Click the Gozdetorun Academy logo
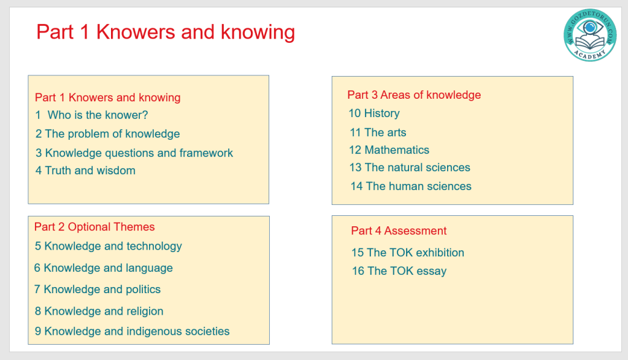coord(590,35)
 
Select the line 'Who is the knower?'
coord(98,115)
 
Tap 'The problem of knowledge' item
coord(112,134)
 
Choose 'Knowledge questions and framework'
coord(139,153)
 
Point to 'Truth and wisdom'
coord(90,170)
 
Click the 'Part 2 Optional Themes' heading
coord(94,227)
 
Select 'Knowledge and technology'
coord(113,247)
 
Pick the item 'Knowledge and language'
coord(108,268)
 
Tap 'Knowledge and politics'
coord(102,289)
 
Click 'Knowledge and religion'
coord(104,311)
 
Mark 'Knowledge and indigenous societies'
coord(137,332)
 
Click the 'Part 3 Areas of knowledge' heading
coord(414,95)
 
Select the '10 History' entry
coord(374,113)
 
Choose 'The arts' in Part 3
coord(385,132)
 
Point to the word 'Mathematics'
coord(397,150)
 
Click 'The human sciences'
coord(418,186)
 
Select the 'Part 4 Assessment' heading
coord(399,231)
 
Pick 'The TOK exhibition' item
coord(416,253)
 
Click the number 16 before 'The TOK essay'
coord(358,271)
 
